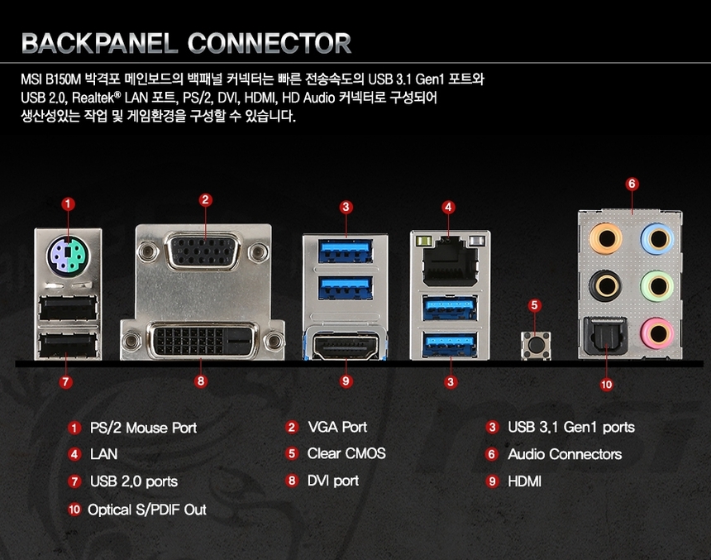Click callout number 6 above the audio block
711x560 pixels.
[x=632, y=184]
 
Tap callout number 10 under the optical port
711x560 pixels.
[x=607, y=384]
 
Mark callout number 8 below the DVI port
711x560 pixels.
[x=200, y=381]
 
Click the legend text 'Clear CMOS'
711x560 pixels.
[x=346, y=453]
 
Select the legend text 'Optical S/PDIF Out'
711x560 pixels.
[x=147, y=510]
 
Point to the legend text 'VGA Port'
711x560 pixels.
[x=337, y=427]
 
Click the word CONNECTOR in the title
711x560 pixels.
[x=270, y=42]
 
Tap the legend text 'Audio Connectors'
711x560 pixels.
[x=565, y=454]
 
